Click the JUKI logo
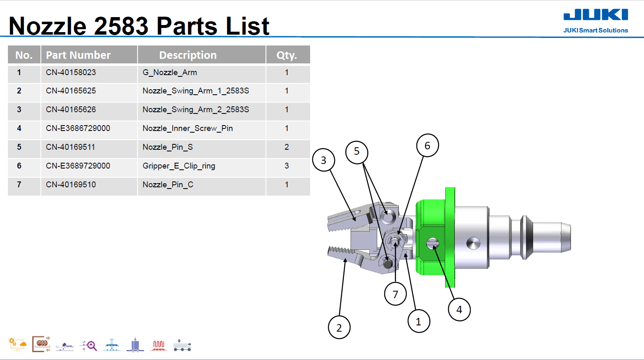pyautogui.click(x=596, y=15)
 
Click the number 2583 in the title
pyautogui.click(x=121, y=26)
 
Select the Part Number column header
pyautogui.click(x=78, y=55)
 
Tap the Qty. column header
pyautogui.click(x=287, y=55)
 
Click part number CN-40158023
pyautogui.click(x=71, y=73)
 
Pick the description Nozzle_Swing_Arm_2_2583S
pyautogui.click(x=195, y=110)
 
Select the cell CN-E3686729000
pyautogui.click(x=78, y=128)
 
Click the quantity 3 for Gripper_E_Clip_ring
pyautogui.click(x=287, y=166)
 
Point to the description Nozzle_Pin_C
pyautogui.click(x=168, y=185)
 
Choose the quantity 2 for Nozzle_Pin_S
pyautogui.click(x=287, y=147)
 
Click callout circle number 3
pyautogui.click(x=323, y=160)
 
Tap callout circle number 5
pyautogui.click(x=357, y=151)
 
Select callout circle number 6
pyautogui.click(x=427, y=146)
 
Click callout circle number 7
pyautogui.click(x=395, y=295)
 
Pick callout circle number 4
pyautogui.click(x=459, y=310)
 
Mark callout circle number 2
pyautogui.click(x=339, y=328)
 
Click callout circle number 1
pyautogui.click(x=418, y=322)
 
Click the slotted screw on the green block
pyautogui.click(x=433, y=243)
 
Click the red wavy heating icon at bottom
pyautogui.click(x=159, y=345)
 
